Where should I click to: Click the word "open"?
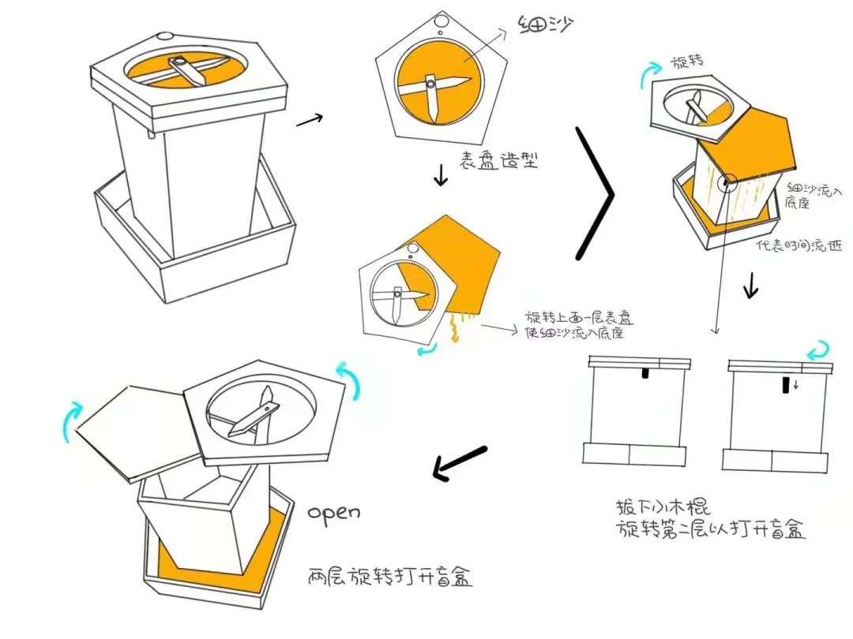(334, 513)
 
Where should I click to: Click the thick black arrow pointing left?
(460, 463)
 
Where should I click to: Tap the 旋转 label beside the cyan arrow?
(687, 62)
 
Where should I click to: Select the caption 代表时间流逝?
(799, 245)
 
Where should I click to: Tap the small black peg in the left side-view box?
(645, 372)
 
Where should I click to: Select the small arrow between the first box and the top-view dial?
(309, 121)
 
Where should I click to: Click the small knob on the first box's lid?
(164, 36)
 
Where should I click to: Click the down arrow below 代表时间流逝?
(750, 286)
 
